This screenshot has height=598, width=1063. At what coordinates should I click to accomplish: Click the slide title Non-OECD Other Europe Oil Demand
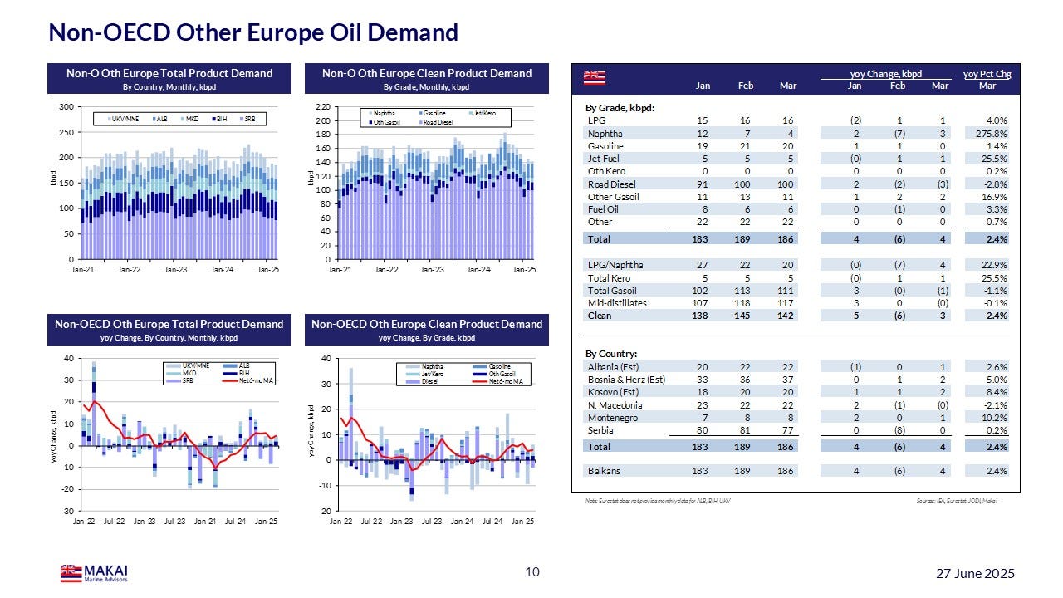tap(253, 32)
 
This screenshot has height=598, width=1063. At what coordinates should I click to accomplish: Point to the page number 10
tap(532, 571)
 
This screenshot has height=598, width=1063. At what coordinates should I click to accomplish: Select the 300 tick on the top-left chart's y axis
tap(65, 107)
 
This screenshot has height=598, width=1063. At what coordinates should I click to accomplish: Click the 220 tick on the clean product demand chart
tap(324, 107)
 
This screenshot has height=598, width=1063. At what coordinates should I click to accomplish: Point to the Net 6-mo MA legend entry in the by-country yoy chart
tap(256, 380)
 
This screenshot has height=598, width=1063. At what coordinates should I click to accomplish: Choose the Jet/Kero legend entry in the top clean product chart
tap(484, 113)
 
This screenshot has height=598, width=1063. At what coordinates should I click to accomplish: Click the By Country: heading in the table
tap(611, 354)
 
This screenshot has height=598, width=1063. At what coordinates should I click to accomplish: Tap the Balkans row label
tap(604, 471)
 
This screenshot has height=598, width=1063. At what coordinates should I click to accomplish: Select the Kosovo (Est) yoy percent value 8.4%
tap(995, 392)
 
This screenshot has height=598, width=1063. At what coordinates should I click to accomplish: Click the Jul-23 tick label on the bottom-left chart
tap(174, 522)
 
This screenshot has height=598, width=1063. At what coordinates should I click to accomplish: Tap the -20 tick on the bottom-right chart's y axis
tap(326, 511)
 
